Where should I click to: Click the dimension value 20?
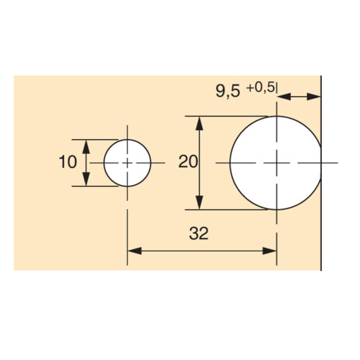[x=188, y=162]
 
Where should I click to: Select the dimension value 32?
[x=199, y=234]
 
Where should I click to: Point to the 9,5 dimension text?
[x=227, y=90]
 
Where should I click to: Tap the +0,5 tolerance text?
[x=260, y=87]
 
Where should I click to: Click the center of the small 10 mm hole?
[x=127, y=163]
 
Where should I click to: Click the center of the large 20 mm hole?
[x=276, y=163]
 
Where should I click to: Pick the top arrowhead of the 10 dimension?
[x=87, y=144]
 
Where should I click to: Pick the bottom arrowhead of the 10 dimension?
[x=87, y=181]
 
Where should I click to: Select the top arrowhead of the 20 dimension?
[x=201, y=121]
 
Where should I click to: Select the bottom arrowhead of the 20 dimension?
[x=201, y=205]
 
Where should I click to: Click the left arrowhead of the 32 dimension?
[x=133, y=250]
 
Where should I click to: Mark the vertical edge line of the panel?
[x=322, y=212]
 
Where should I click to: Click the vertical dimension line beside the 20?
[x=201, y=184]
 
